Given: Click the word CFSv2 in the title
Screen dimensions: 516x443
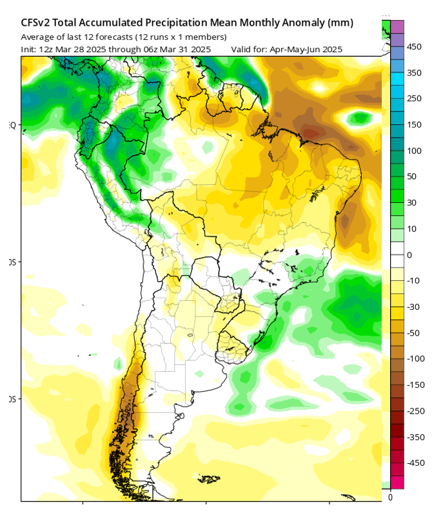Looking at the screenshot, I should [37, 23].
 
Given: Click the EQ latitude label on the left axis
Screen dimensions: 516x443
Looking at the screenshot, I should [12, 125].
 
